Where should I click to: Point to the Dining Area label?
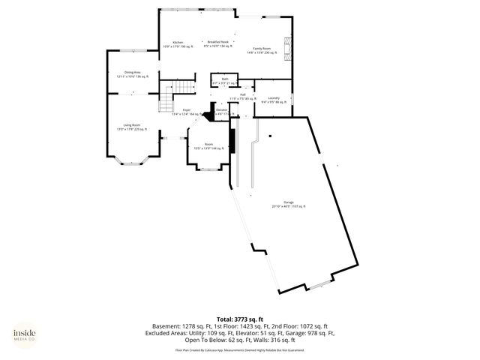[133, 74]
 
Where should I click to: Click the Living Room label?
[132, 126]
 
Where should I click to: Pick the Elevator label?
[222, 111]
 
